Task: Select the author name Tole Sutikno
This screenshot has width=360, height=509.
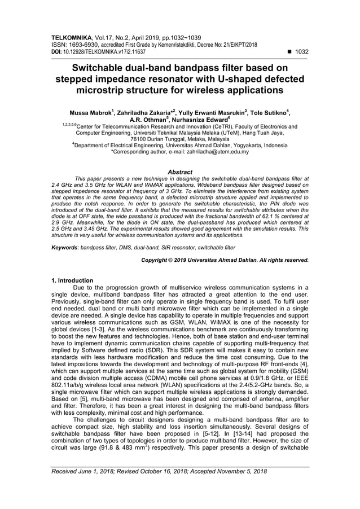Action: point(262,113)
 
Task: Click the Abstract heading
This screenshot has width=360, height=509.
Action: point(180,172)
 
